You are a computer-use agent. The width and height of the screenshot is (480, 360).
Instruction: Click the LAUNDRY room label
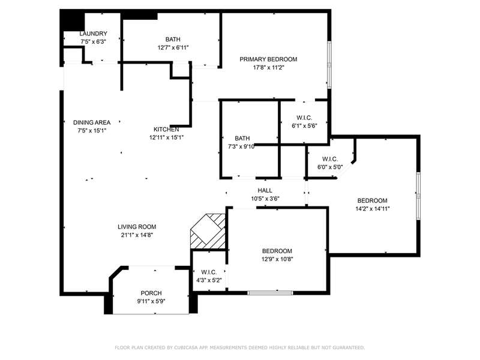pyautogui.click(x=94, y=34)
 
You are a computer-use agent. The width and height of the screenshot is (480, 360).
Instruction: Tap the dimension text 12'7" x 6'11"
pyautogui.click(x=173, y=47)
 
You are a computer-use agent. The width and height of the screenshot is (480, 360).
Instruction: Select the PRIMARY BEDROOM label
pyautogui.click(x=268, y=59)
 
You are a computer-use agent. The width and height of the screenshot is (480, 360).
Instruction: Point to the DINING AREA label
pyautogui.click(x=92, y=122)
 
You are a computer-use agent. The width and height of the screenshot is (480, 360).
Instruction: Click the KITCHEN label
pyautogui.click(x=166, y=129)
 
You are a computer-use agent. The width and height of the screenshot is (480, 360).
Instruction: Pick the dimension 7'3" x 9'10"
pyautogui.click(x=241, y=146)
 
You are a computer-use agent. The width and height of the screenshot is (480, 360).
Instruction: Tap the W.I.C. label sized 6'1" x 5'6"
pyautogui.click(x=304, y=118)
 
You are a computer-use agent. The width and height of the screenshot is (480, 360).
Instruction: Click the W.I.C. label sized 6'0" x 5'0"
pyautogui.click(x=330, y=159)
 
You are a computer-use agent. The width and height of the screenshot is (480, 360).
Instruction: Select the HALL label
pyautogui.click(x=265, y=190)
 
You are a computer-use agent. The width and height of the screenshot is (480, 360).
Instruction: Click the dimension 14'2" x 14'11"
pyautogui.click(x=373, y=209)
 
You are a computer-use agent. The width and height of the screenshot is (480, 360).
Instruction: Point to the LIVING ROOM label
pyautogui.click(x=137, y=227)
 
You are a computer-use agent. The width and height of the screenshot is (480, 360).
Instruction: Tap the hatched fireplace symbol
pyautogui.click(x=208, y=232)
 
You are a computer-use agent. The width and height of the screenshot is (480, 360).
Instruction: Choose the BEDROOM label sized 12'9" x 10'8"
pyautogui.click(x=277, y=251)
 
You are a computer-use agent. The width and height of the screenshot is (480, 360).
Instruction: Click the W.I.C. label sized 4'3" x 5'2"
pyautogui.click(x=209, y=272)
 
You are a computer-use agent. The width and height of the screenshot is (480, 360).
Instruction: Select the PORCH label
pyautogui.click(x=151, y=293)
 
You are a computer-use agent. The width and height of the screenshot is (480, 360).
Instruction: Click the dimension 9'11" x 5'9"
pyautogui.click(x=151, y=301)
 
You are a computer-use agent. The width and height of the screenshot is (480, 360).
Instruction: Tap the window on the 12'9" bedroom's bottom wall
pyautogui.click(x=271, y=293)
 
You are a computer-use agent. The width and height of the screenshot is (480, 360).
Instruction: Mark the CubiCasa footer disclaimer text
pyautogui.click(x=240, y=347)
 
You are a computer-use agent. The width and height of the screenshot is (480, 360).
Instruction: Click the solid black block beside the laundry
pyautogui.click(x=72, y=21)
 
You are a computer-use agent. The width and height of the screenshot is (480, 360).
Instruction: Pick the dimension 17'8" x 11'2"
pyautogui.click(x=269, y=68)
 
